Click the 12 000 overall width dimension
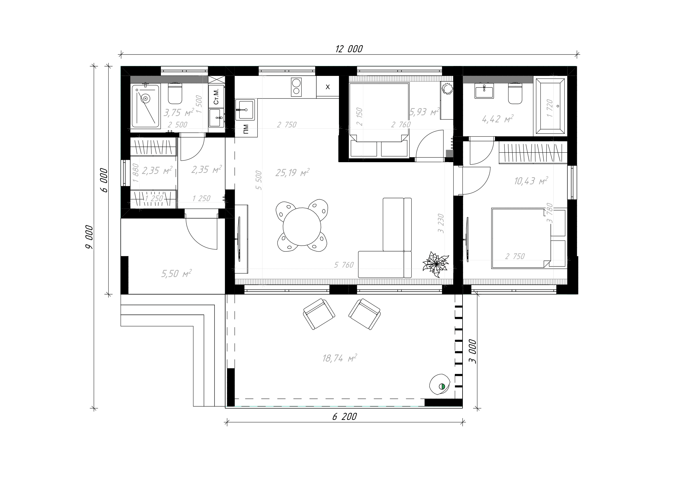point(349,49)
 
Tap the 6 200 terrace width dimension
point(344,416)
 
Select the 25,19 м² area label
point(292,172)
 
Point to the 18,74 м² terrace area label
point(340,358)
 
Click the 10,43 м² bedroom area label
point(531,180)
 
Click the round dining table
point(302,227)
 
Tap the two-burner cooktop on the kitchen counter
point(296,87)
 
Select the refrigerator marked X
point(328,87)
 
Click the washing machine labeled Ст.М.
point(216,96)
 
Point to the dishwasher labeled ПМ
point(246,129)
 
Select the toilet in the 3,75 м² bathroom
point(175,93)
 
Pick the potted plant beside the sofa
point(436,264)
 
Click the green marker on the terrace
point(442,386)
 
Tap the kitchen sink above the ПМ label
point(245,110)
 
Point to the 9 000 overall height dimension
point(89,237)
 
